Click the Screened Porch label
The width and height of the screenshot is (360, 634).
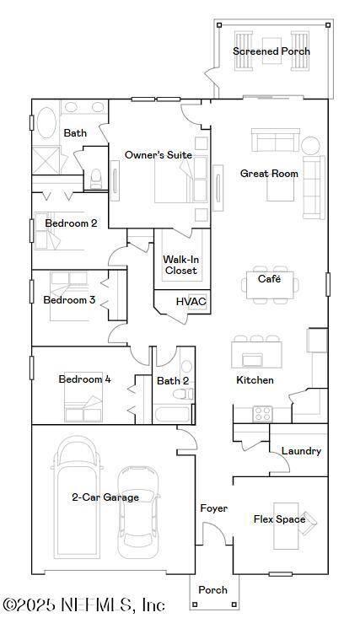[271, 51]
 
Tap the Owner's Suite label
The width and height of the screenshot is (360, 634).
[158, 155]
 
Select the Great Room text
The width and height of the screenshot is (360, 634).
[269, 174]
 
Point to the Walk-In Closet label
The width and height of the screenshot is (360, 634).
[180, 265]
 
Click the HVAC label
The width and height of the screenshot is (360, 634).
[191, 302]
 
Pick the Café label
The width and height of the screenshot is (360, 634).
[269, 278]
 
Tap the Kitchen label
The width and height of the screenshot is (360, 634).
[255, 380]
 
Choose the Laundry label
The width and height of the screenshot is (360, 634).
[301, 451]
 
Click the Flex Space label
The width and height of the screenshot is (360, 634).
[279, 519]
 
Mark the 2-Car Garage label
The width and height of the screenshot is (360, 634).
[105, 497]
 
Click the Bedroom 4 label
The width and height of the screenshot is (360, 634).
[84, 379]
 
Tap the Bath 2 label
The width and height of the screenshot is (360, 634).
[173, 381]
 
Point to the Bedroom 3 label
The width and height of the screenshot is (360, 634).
[69, 300]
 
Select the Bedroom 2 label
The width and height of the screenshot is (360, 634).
[71, 223]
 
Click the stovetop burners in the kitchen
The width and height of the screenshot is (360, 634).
[263, 413]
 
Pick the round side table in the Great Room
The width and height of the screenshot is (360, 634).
[310, 144]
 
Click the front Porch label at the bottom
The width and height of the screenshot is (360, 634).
[212, 590]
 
